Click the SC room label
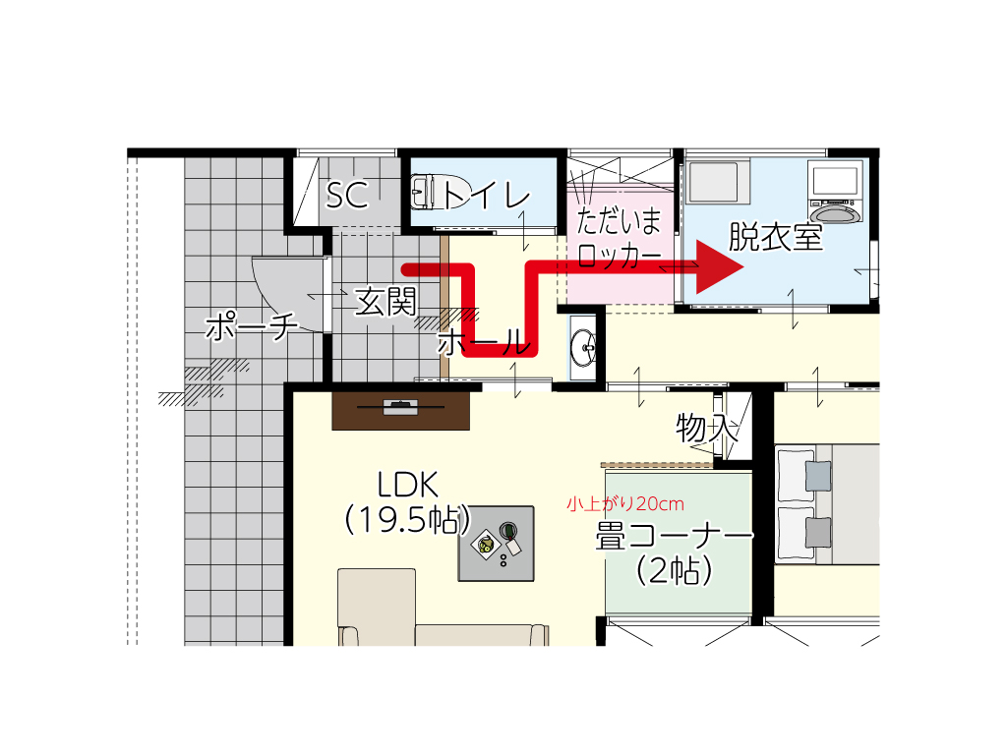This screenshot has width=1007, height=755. [347, 195]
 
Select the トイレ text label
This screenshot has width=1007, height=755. [487, 194]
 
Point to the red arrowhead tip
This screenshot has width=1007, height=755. [743, 267]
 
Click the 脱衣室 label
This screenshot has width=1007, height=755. [776, 237]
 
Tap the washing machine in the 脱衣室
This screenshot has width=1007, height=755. [835, 192]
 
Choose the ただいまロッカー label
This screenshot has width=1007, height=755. [620, 238]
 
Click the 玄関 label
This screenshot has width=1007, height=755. [385, 301]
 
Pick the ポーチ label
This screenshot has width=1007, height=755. [252, 325]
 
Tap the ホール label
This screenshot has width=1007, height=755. [484, 341]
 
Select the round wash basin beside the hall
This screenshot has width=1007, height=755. [583, 347]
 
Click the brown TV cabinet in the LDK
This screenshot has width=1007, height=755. [401, 410]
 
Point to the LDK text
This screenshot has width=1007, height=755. [408, 485]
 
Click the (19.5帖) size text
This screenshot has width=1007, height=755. [408, 519]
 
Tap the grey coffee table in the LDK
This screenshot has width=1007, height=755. [496, 544]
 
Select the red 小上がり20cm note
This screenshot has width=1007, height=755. [624, 504]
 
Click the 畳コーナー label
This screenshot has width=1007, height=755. [674, 536]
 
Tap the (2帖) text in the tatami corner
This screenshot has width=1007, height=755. [675, 570]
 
